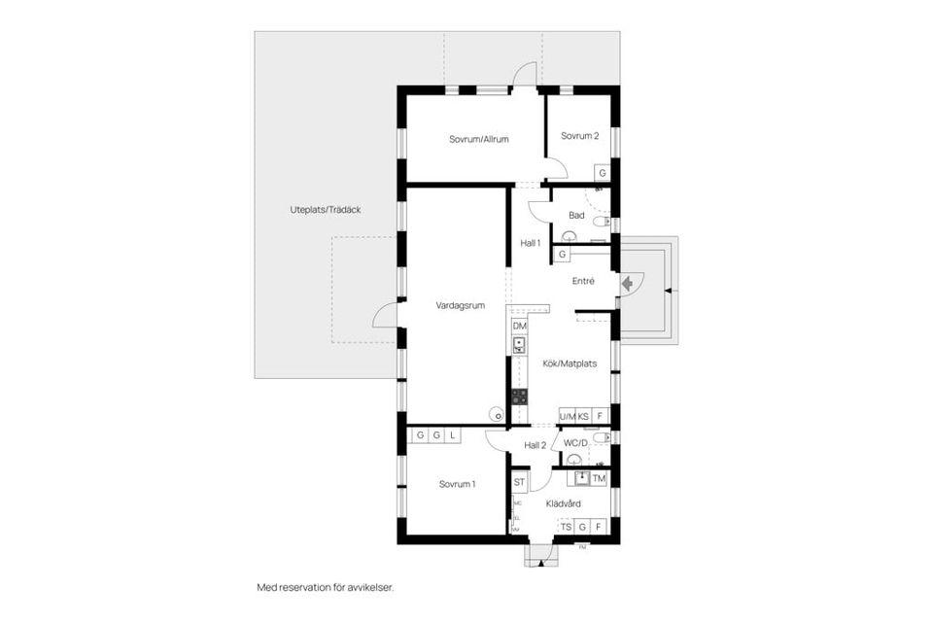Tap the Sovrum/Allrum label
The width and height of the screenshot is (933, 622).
[x=479, y=139]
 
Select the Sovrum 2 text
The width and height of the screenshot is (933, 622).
[x=579, y=136]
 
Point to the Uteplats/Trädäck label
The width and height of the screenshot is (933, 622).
[x=326, y=210]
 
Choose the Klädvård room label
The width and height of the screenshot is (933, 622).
[x=564, y=503]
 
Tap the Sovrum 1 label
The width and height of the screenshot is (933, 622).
[x=457, y=484]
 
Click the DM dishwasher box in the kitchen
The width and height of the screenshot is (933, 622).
[x=519, y=326]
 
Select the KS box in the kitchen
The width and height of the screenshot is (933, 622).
[x=584, y=416]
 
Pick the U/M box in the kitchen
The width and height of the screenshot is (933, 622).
[x=567, y=416]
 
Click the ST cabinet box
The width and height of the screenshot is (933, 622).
[x=519, y=482]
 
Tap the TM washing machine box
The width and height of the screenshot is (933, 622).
[x=599, y=479]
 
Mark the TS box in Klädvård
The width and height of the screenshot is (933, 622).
[x=566, y=527]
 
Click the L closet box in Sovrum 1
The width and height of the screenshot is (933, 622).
[x=452, y=435]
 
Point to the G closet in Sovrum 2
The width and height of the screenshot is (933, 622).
[x=603, y=173]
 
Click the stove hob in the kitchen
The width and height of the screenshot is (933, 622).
[x=519, y=397]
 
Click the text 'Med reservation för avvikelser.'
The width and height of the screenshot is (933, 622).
[x=325, y=588]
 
